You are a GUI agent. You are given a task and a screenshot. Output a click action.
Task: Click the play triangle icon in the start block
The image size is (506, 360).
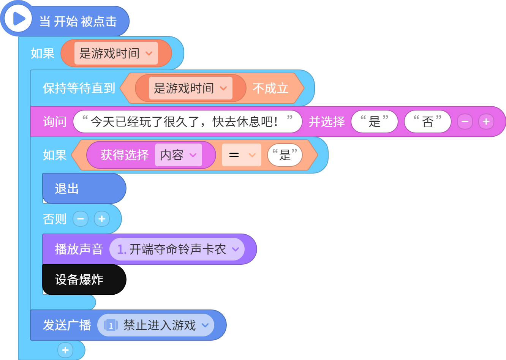pos(19,19)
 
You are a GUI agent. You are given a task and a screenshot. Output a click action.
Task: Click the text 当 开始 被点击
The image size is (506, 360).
pos(78,21)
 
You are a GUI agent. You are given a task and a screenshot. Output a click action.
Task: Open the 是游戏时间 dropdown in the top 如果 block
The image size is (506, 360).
pos(116,53)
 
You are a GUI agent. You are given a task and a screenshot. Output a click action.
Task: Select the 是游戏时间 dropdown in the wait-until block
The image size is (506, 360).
pos(190,88)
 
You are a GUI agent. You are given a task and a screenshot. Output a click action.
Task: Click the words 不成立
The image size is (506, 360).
pos(270,88)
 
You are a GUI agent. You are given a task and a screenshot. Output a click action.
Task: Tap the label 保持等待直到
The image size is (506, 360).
pos(79,88)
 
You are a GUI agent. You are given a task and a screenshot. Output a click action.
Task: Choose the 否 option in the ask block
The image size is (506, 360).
pos(428,122)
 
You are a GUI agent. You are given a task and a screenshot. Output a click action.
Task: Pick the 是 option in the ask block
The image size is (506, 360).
pos(374,122)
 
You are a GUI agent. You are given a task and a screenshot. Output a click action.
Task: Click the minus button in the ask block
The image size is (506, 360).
pos(465,122)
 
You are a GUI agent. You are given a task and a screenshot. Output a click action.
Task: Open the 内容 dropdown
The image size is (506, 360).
pos(179,155)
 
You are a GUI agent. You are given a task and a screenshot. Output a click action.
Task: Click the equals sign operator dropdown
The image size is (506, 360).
pos(242,155)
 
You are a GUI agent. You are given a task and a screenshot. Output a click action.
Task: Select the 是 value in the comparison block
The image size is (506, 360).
pos(285,155)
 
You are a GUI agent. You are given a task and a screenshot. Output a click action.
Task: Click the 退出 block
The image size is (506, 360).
pos(84,188)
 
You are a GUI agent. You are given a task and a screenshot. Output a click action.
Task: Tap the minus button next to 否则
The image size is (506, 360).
pos(81,219)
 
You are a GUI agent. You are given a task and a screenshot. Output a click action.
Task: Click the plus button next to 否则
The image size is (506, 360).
pos(102,219)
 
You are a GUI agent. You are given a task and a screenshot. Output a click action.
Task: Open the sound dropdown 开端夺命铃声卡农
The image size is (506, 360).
pos(177,249)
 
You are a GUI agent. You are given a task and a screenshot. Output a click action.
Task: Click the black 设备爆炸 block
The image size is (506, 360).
pos(84,279)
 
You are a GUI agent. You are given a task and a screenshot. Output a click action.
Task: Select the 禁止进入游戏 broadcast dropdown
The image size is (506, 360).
pos(156,325)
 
